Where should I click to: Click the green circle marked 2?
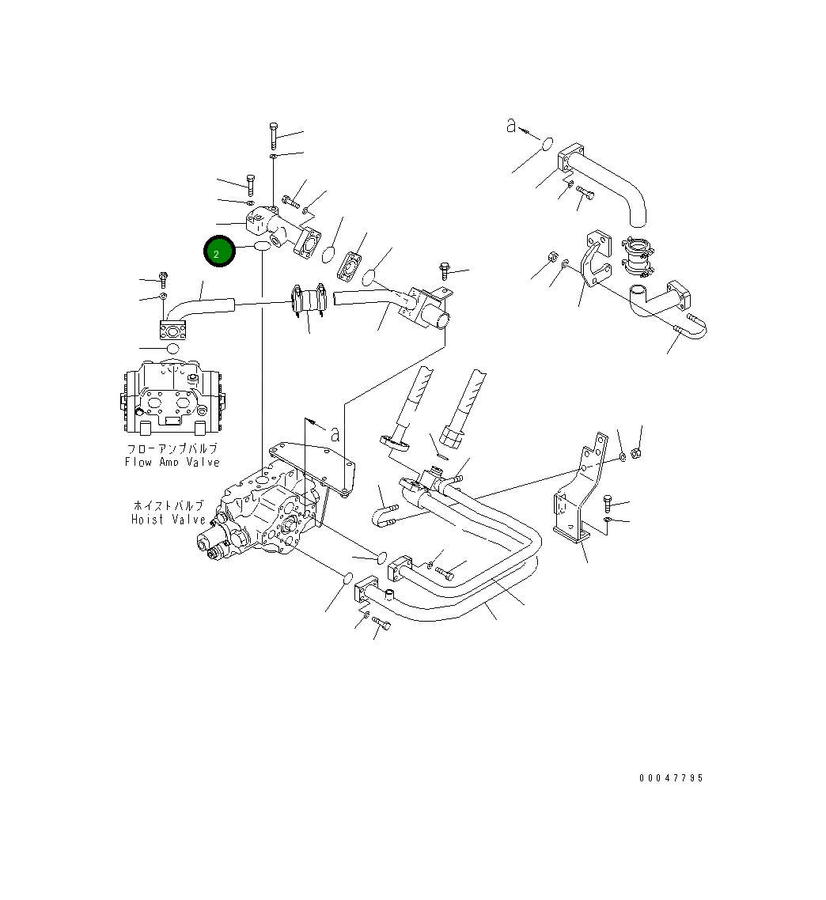click(x=219, y=251)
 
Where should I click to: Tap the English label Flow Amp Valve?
click(x=172, y=462)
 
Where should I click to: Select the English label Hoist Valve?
click(x=169, y=520)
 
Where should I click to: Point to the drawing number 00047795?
click(x=671, y=778)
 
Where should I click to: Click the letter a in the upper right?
click(x=512, y=125)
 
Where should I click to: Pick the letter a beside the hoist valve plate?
click(x=335, y=433)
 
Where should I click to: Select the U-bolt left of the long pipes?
click(x=385, y=513)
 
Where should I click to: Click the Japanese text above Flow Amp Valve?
click(x=172, y=448)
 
